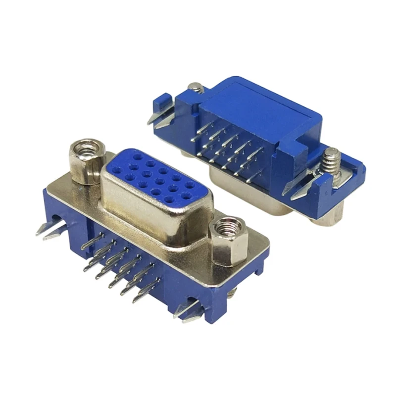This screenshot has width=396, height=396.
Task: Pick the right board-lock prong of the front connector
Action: (188, 312)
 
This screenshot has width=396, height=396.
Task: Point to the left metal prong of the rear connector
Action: (161, 119)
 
